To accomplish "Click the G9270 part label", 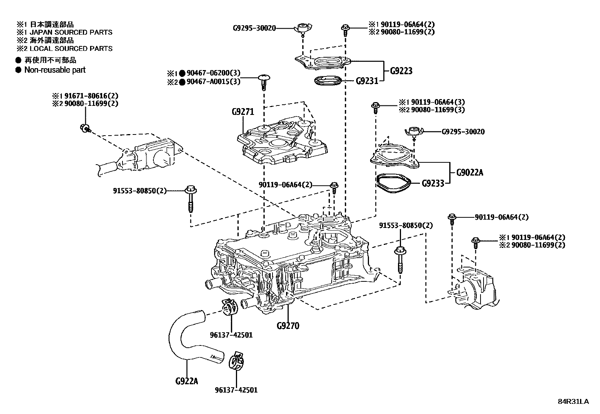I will pyautogui.click(x=288, y=326).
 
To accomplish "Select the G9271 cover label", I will pyautogui.click(x=243, y=112).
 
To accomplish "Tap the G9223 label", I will pyautogui.click(x=401, y=71).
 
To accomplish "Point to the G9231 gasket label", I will pyautogui.click(x=367, y=81).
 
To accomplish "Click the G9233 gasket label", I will pyautogui.click(x=433, y=183).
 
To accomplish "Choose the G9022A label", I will pyautogui.click(x=470, y=173).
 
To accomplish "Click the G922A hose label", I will pyautogui.click(x=187, y=381).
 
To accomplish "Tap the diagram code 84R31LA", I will pyautogui.click(x=573, y=402).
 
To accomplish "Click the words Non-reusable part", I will pyautogui.click(x=55, y=70).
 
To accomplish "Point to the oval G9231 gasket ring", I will pyautogui.click(x=328, y=81).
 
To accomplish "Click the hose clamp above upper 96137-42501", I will pyautogui.click(x=230, y=307).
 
